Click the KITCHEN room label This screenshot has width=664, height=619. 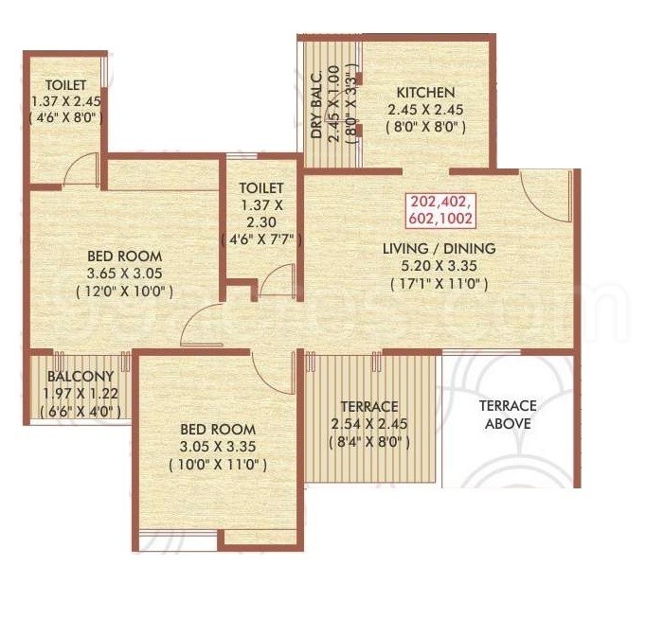point(424,93)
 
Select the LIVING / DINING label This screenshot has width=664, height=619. point(439,249)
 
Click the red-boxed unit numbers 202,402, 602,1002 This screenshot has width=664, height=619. point(440,208)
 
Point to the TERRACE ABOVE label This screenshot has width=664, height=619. point(508,415)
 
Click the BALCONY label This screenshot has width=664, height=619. point(80,376)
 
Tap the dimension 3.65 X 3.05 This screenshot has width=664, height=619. point(124,274)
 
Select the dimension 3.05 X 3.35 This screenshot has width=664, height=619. point(218,446)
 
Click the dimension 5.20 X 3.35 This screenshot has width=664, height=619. point(439,266)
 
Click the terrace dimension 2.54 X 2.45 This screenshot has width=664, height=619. point(370,423)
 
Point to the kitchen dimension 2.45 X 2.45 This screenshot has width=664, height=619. point(424,110)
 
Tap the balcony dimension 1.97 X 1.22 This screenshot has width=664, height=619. point(80,393)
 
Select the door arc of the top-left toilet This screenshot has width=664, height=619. point(81,170)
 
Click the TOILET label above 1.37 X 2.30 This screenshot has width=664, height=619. point(261,188)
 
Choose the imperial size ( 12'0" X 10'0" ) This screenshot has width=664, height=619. point(124,292)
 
